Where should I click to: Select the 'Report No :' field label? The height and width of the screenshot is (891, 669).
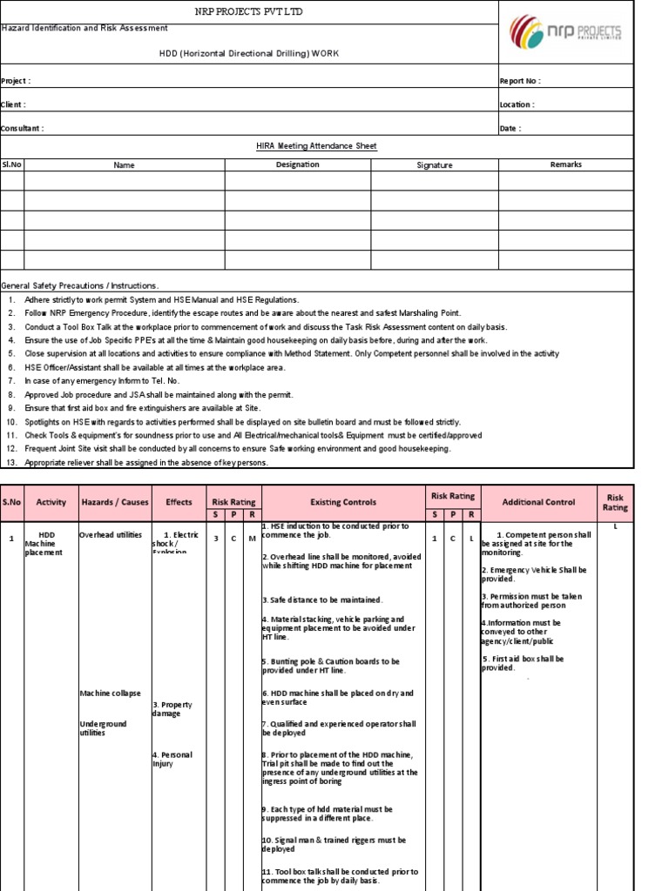(x=519, y=81)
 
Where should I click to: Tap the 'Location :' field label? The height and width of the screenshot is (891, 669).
(x=517, y=104)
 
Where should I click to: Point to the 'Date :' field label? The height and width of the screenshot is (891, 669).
(x=510, y=128)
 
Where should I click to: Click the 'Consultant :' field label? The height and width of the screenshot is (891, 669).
(x=22, y=128)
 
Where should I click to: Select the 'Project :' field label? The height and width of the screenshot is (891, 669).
(x=16, y=81)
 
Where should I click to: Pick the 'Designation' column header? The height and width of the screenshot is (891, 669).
(x=297, y=164)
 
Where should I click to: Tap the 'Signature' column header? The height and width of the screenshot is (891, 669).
(x=435, y=164)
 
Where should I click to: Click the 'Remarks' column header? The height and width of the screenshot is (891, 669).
(x=565, y=164)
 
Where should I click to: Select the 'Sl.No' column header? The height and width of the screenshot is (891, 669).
(x=11, y=164)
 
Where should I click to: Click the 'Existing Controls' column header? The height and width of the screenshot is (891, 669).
(x=343, y=502)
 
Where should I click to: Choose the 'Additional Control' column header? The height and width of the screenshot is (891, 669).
(x=539, y=502)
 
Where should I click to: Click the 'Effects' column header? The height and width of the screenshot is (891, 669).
(x=179, y=502)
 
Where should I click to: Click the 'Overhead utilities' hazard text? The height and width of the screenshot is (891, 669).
(x=110, y=535)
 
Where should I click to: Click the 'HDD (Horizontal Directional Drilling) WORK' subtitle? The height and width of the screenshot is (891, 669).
(x=248, y=54)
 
